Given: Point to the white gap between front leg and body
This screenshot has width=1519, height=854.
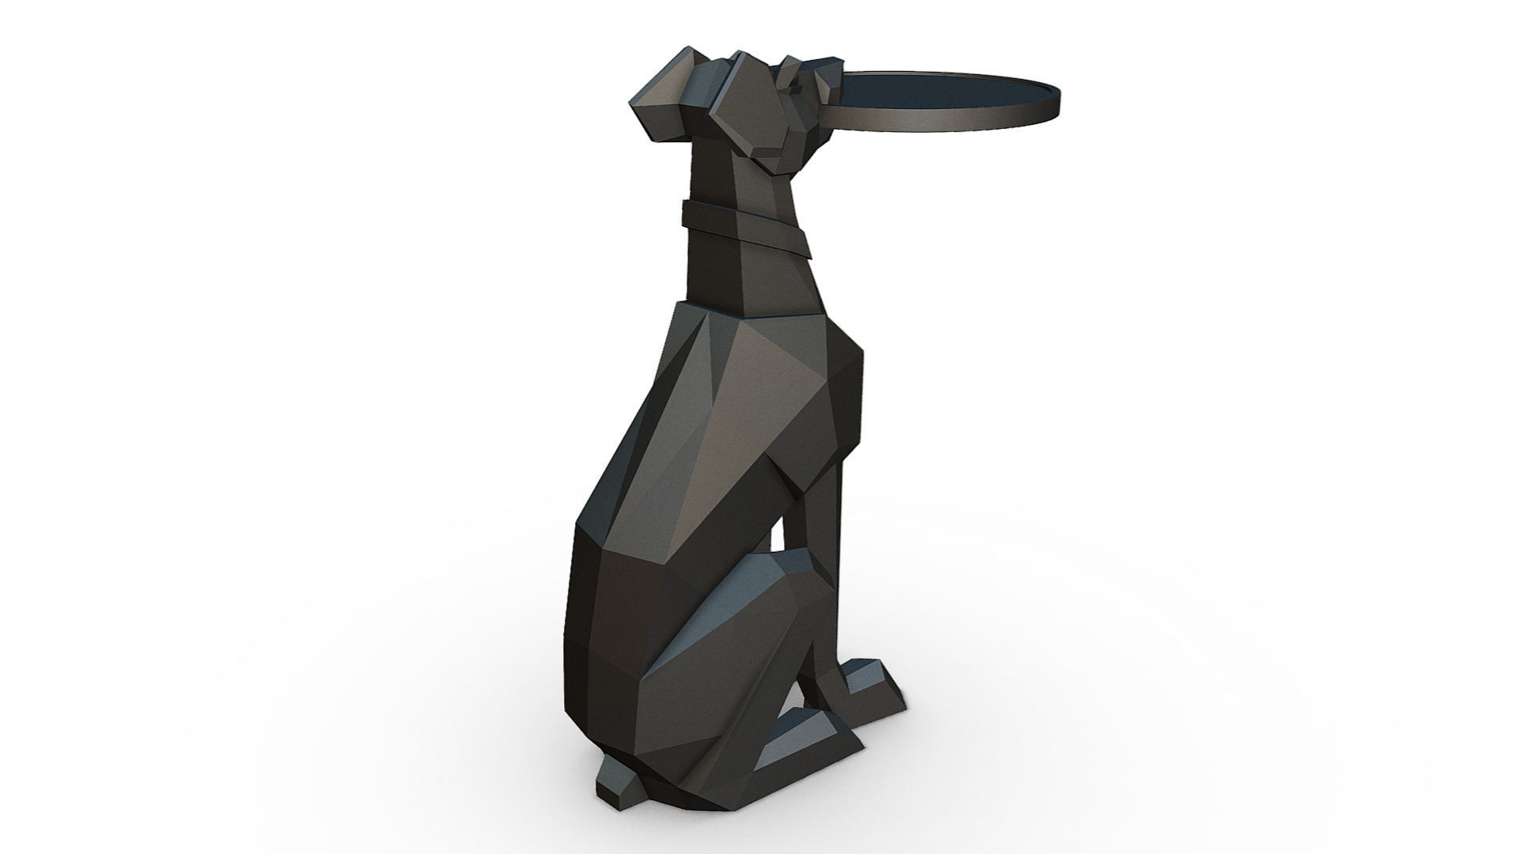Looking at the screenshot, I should [779, 522].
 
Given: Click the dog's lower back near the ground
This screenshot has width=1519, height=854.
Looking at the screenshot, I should [601, 672].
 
